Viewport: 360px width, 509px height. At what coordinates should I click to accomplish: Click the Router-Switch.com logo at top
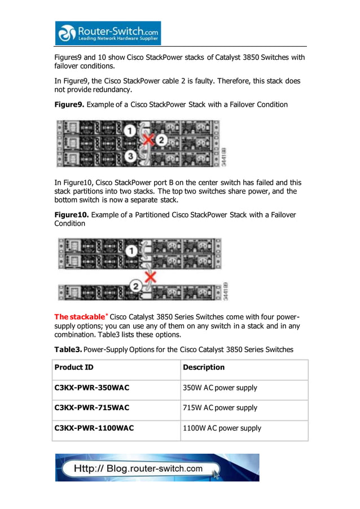(x=108, y=33)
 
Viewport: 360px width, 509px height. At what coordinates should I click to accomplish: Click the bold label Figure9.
(x=69, y=104)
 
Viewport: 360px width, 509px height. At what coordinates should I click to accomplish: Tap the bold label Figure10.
(x=71, y=214)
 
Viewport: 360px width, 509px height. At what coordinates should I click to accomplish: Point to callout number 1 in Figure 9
(x=129, y=131)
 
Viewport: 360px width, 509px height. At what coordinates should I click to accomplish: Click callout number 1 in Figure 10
(x=131, y=251)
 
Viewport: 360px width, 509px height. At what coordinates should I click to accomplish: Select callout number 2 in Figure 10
(x=135, y=287)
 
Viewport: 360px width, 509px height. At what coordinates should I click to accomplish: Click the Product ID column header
(x=74, y=367)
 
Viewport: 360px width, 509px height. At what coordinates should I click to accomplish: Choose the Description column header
(x=204, y=367)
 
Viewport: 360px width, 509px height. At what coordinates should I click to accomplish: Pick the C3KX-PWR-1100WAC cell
(x=94, y=428)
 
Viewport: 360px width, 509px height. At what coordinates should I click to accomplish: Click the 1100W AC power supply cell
(x=222, y=428)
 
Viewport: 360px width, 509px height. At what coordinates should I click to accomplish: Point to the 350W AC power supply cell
(x=220, y=388)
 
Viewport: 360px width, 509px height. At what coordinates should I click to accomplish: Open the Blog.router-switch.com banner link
(x=157, y=468)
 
